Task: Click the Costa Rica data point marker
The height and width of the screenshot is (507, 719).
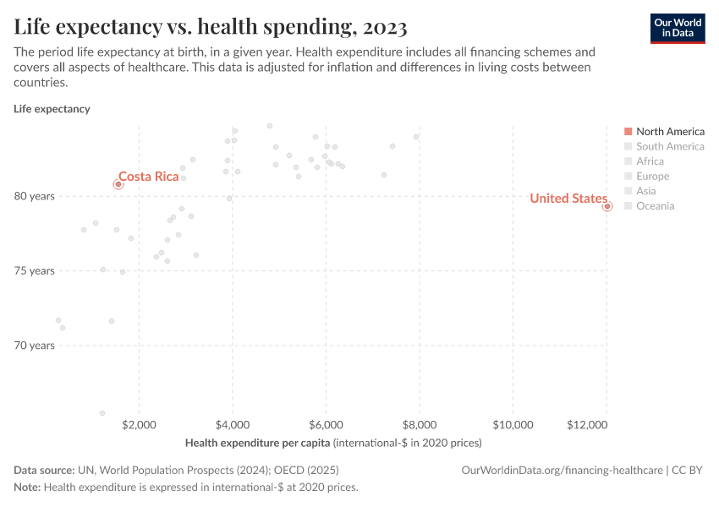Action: click(118, 184)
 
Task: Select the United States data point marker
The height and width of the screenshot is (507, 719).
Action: click(607, 206)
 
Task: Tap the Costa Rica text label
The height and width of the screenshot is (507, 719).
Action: click(149, 176)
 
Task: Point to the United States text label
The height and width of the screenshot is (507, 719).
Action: click(568, 199)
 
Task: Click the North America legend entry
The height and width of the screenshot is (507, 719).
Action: click(669, 132)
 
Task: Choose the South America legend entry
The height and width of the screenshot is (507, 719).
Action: click(669, 146)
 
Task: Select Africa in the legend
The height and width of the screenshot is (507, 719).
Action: click(650, 161)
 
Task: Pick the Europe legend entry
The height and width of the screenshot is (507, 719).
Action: click(652, 176)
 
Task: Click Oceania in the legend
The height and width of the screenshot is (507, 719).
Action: click(655, 206)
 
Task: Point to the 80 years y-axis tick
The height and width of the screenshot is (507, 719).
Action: click(34, 196)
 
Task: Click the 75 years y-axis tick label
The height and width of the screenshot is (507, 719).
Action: click(34, 270)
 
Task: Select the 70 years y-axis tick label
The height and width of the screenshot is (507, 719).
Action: click(34, 346)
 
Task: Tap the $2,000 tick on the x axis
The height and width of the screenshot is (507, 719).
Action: click(139, 423)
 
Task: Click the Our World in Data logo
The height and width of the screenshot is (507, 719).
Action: click(677, 28)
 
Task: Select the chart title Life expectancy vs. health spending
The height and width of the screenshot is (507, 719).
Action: click(211, 27)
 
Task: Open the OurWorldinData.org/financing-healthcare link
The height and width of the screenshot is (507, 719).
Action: click(563, 471)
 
